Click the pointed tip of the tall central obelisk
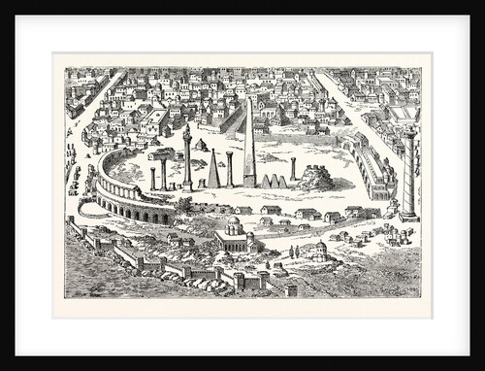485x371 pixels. [x=249, y=98]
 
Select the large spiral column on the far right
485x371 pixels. [x=408, y=170]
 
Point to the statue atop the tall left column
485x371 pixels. [x=186, y=128]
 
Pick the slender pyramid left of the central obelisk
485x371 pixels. [x=212, y=169]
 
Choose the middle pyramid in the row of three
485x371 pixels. [x=274, y=181]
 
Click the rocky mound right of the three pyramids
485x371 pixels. [x=315, y=178]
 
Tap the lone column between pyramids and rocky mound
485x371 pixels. [x=294, y=169]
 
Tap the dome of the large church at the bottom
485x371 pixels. [x=233, y=224]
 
